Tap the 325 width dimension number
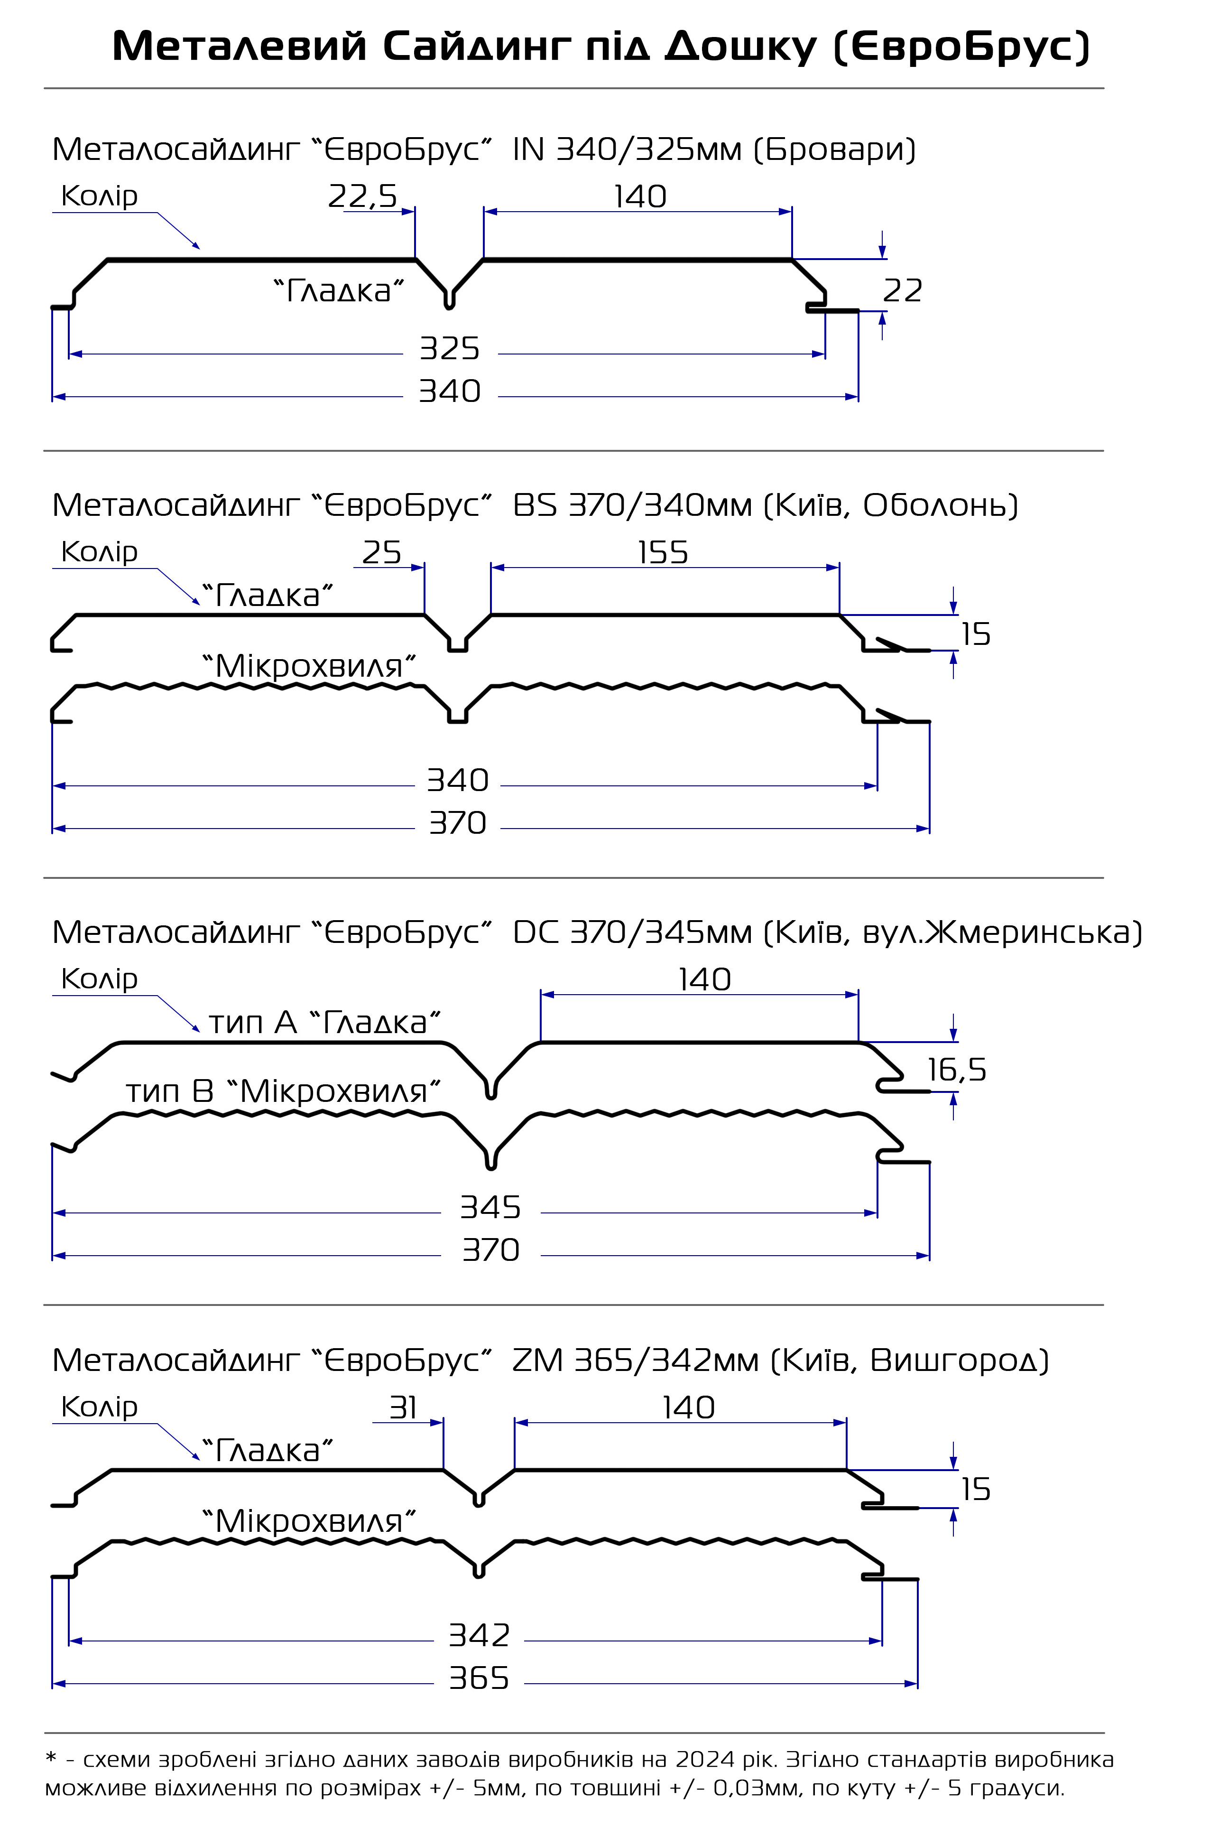point(449,349)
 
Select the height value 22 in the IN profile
point(902,291)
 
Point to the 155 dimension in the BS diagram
point(663,553)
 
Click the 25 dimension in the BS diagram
point(381,553)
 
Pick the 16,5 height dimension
point(956,1070)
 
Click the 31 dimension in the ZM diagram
point(403,1408)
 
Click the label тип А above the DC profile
point(252,1024)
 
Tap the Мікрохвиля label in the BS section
point(309,666)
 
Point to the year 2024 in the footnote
point(704,1759)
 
